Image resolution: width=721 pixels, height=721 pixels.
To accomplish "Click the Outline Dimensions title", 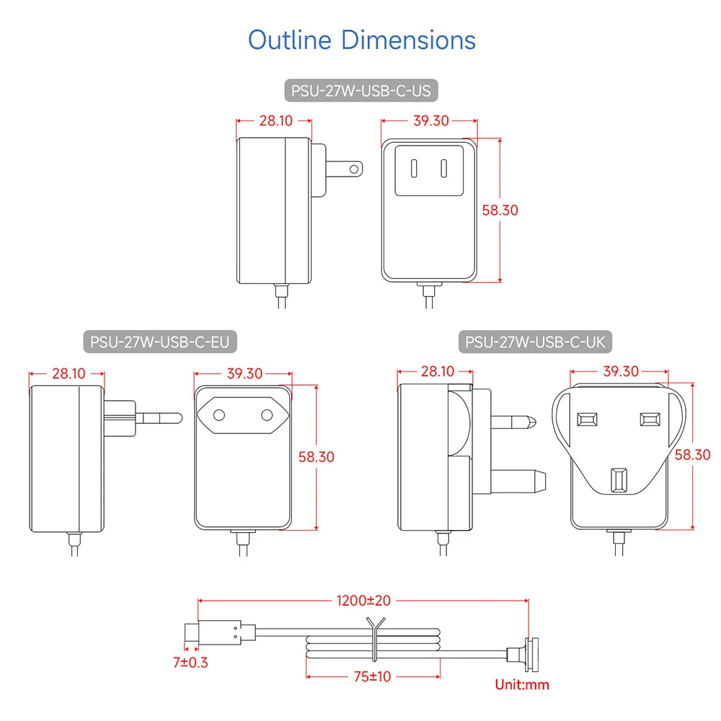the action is pyautogui.click(x=362, y=40).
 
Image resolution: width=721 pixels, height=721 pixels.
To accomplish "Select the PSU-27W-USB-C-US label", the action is pyautogui.click(x=361, y=91).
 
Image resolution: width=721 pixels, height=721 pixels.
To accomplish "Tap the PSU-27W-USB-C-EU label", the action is pyautogui.click(x=160, y=342).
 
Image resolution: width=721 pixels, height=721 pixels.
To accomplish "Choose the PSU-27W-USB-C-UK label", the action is pyautogui.click(x=535, y=342).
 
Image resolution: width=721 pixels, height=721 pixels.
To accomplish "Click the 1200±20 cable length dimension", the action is pyautogui.click(x=363, y=601).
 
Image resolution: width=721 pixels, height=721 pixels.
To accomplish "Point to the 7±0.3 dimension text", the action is pyautogui.click(x=190, y=663).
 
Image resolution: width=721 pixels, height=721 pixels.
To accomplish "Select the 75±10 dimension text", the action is pyautogui.click(x=373, y=677).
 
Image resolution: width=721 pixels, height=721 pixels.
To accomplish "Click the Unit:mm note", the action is pyautogui.click(x=522, y=685).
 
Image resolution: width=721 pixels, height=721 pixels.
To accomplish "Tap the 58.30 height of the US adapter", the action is pyautogui.click(x=500, y=210).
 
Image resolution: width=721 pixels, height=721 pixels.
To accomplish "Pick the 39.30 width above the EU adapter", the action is pyautogui.click(x=244, y=373).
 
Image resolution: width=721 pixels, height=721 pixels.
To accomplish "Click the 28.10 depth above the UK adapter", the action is pyautogui.click(x=438, y=371).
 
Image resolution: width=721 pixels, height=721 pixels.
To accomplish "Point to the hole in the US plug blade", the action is pyautogui.click(x=353, y=169).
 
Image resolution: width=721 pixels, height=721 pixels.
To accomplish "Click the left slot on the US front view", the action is pyautogui.click(x=414, y=168).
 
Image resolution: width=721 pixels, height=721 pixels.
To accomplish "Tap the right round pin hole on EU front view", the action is pyautogui.click(x=267, y=415).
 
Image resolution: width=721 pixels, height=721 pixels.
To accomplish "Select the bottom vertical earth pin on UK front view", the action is pyautogui.click(x=619, y=479).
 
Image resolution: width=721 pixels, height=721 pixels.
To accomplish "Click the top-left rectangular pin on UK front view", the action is pyautogui.click(x=587, y=420).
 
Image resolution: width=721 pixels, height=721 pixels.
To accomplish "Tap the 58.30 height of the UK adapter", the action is pyautogui.click(x=692, y=455).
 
